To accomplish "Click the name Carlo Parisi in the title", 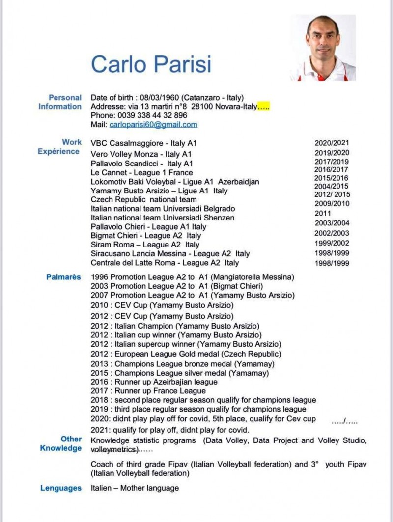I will pyautogui.click(x=151, y=64).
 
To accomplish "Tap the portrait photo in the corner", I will pyautogui.click(x=322, y=48).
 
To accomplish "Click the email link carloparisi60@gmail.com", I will pyautogui.click(x=153, y=125).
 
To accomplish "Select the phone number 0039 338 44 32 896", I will pyautogui.click(x=152, y=115).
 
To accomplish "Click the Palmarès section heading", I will pyautogui.click(x=63, y=277).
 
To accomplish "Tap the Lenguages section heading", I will pyautogui.click(x=61, y=488).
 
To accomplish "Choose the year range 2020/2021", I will pyautogui.click(x=332, y=143).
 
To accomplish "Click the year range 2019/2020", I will pyautogui.click(x=332, y=153).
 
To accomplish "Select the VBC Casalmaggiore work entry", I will pyautogui.click(x=144, y=143).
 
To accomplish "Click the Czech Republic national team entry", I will pyautogui.click(x=144, y=200).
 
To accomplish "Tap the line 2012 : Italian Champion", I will pyautogui.click(x=175, y=326).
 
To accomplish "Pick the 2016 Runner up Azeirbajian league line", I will pyautogui.click(x=154, y=382).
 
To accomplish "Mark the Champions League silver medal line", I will pyautogui.click(x=180, y=373).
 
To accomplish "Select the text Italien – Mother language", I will pyautogui.click(x=135, y=488).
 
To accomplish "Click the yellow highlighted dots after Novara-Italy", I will pyautogui.click(x=264, y=107).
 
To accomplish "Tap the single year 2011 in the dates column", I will pyautogui.click(x=323, y=214).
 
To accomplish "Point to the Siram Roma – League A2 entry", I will pyautogui.click(x=145, y=245).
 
